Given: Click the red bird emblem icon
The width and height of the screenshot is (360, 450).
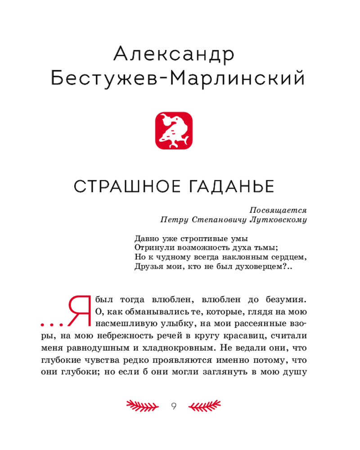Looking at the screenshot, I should coord(174,130).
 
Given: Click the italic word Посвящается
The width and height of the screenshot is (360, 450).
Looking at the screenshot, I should coord(278,210).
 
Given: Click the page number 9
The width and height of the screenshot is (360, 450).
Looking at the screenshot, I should coord(174,406).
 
